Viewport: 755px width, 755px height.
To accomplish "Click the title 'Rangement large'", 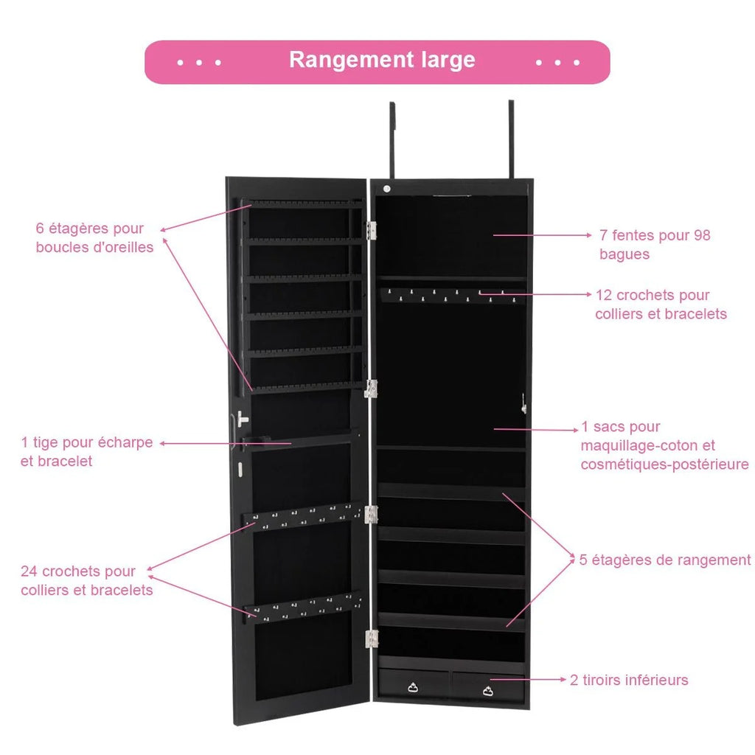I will (x=381, y=60).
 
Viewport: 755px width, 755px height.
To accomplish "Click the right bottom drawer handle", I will (x=488, y=689).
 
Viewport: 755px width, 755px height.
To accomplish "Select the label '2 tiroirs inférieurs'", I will (x=629, y=680).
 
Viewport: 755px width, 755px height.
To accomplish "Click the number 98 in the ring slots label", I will (x=701, y=236).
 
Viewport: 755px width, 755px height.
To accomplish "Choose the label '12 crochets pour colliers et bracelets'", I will (x=661, y=305).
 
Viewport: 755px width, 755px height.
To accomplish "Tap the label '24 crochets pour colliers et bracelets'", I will (x=87, y=580).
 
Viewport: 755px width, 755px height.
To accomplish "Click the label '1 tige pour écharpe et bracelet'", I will (x=87, y=451).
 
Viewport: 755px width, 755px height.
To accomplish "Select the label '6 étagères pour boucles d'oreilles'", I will (x=94, y=238).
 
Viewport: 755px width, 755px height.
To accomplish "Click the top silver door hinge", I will (x=372, y=229).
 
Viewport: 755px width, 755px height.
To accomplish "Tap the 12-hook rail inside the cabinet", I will (x=452, y=295).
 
